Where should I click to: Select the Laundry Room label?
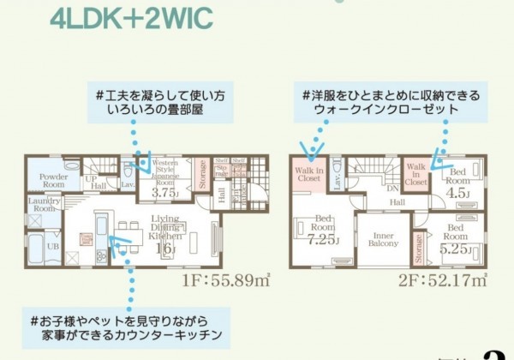coord(42,203)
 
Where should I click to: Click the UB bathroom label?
coord(52,246)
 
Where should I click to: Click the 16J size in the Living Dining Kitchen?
coord(164,248)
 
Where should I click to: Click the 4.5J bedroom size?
coord(457,193)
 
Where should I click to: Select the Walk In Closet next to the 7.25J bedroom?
coord(309,175)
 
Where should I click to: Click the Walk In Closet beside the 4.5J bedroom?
coord(416,174)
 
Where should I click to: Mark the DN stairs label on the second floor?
coord(391,189)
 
